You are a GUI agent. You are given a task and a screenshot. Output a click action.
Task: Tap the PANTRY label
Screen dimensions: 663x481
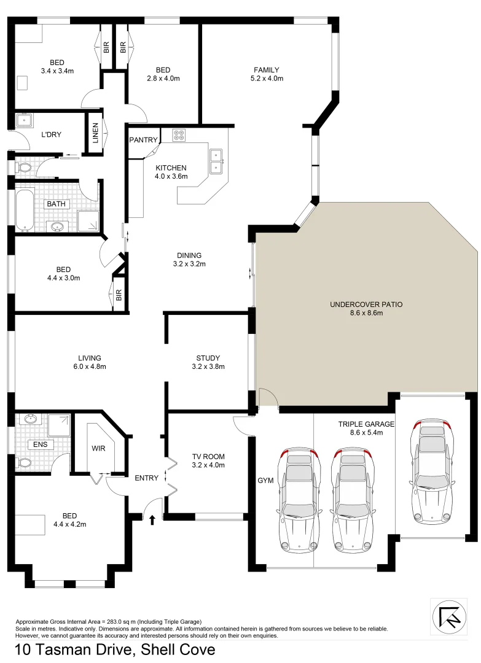[x=143, y=140]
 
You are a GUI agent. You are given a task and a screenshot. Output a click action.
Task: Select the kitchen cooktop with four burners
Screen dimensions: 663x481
[x=179, y=136]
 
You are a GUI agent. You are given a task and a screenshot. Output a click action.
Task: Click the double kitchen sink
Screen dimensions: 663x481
[x=216, y=161]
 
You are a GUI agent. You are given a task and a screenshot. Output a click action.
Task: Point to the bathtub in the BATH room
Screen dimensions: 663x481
[x=25, y=208]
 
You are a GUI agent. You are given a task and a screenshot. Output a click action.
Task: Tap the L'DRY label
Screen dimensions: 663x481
[x=51, y=134]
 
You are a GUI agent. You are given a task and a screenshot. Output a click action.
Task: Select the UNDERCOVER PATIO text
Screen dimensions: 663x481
[x=366, y=304]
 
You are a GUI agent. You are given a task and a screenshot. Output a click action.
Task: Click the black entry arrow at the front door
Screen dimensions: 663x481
[x=152, y=519]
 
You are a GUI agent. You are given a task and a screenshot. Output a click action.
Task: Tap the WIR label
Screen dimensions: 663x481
[x=98, y=448]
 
